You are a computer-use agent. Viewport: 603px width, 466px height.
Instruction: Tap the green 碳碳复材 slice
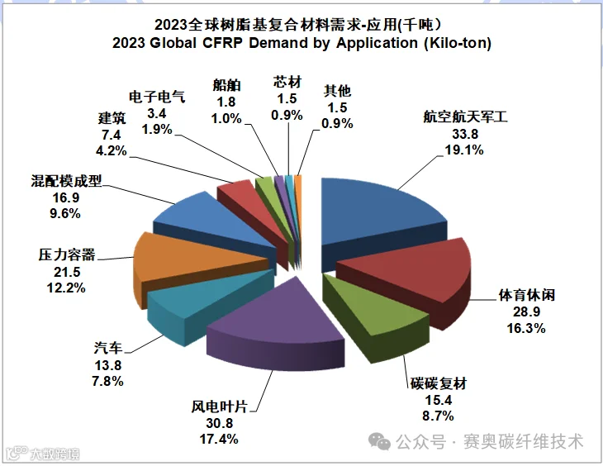[x=373, y=311]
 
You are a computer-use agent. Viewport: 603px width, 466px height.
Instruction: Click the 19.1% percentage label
[x=464, y=150]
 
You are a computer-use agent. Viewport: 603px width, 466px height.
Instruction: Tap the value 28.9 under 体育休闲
[x=526, y=311]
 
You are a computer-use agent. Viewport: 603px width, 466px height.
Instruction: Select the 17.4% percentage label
[x=219, y=439]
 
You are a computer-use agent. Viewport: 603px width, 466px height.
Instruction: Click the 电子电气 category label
[x=157, y=97]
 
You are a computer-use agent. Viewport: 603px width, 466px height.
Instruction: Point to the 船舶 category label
[x=226, y=85]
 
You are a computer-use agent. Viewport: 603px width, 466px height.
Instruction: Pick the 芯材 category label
[x=287, y=82]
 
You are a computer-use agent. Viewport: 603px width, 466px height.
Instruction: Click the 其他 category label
[x=337, y=91]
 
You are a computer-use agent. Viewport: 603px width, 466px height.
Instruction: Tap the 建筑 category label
[x=112, y=118]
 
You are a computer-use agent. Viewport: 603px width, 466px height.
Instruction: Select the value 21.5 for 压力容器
[x=67, y=272]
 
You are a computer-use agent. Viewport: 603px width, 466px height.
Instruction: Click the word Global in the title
[x=173, y=42]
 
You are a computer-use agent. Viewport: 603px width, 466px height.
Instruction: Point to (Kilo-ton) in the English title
[x=458, y=43]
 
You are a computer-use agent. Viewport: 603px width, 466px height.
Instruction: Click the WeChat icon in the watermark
[x=379, y=441]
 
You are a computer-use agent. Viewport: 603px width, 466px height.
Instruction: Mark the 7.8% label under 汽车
[x=107, y=382]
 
